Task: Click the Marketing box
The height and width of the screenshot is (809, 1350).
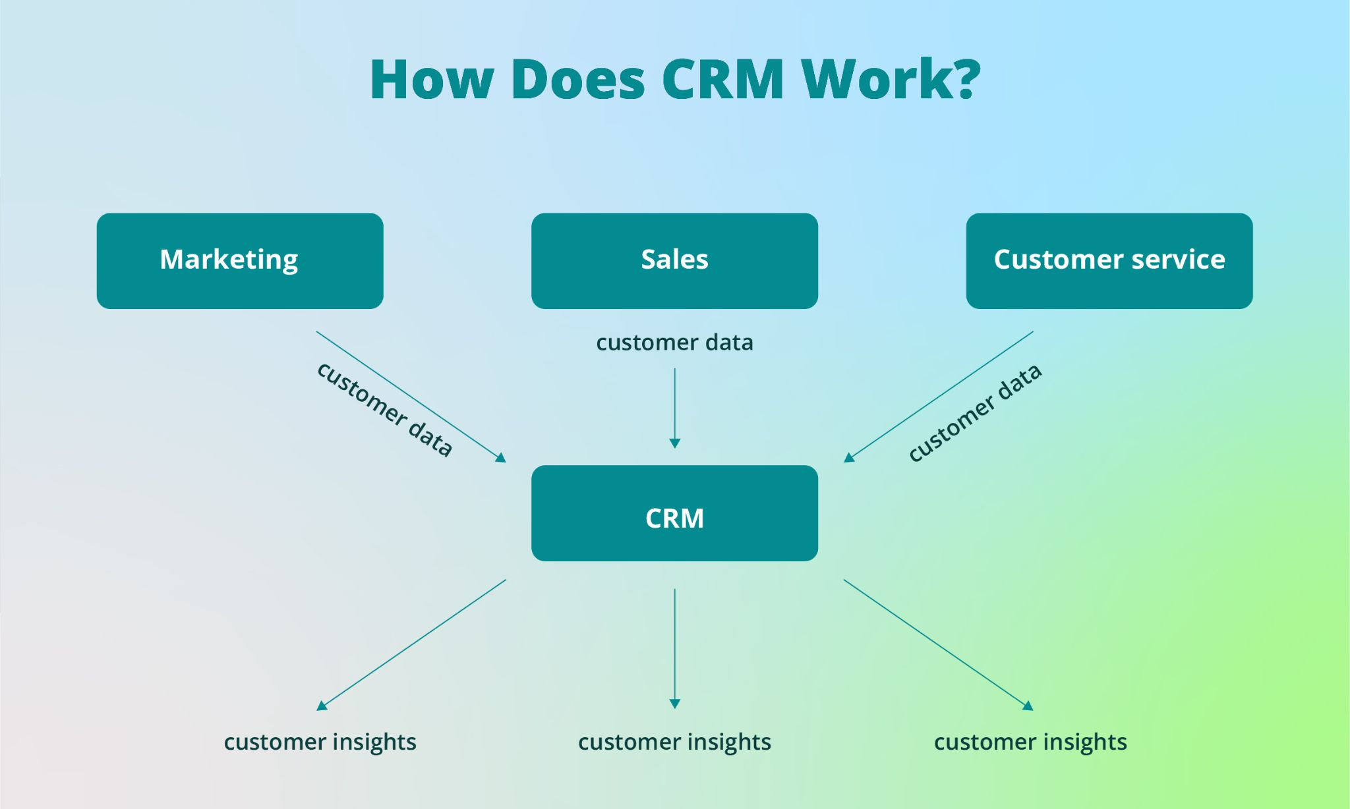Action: [x=240, y=260]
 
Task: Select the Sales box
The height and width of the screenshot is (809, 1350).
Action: [x=674, y=260]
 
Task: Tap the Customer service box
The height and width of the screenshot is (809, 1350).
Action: [x=1109, y=260]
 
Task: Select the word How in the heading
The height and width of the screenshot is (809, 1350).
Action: [x=432, y=80]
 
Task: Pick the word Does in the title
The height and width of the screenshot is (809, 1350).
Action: [x=578, y=80]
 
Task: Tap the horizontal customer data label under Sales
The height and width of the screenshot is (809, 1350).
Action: [x=674, y=343]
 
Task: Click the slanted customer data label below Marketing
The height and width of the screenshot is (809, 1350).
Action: [x=386, y=410]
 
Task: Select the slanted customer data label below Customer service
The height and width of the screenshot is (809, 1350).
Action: [x=975, y=413]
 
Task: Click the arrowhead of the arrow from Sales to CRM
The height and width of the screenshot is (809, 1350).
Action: [x=674, y=443]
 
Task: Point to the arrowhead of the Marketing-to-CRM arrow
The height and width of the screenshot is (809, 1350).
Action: [x=502, y=458]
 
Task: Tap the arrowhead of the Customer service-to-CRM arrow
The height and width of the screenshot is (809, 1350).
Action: [x=848, y=458]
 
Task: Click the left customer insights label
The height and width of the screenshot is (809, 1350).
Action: [x=320, y=742]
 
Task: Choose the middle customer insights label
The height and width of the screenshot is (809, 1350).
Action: [x=674, y=742]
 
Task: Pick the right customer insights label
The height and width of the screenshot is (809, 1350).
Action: [x=1030, y=742]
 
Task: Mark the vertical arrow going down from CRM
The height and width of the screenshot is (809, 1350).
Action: [x=674, y=646]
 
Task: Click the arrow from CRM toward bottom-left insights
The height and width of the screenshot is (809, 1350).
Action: [x=412, y=644]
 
